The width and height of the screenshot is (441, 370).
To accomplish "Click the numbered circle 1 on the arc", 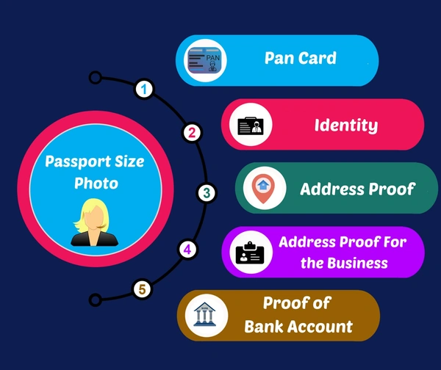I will pos(146,90).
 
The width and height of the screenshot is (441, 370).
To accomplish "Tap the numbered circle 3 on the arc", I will pos(207,193).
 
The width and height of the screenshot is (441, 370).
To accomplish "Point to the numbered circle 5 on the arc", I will pos(142,289).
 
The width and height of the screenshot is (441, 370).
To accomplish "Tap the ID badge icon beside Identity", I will pos(251,125).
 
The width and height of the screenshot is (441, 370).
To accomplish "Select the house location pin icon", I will pos(263,188).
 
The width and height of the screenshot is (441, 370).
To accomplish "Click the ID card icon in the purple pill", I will pos(250,252).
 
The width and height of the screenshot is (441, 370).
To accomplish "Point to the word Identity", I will pos(345,125).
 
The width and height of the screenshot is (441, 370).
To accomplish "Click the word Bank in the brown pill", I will pos(267,326).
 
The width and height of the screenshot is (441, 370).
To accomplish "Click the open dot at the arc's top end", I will pos(94,76).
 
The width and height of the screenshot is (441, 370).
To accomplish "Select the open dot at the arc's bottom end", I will pos(94,300).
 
